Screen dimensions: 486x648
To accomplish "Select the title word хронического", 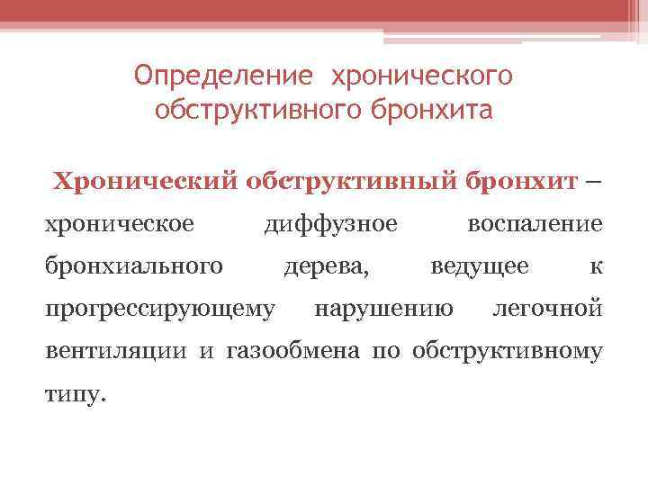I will pyautogui.click(x=423, y=76).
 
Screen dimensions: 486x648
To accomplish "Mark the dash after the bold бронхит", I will pyautogui.click(x=590, y=179).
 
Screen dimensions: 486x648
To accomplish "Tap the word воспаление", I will pyautogui.click(x=535, y=222).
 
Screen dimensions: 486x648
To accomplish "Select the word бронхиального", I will pyautogui.click(x=134, y=265).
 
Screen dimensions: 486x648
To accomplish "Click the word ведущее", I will pyautogui.click(x=480, y=266).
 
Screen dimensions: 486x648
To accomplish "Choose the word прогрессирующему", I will pyautogui.click(x=160, y=310).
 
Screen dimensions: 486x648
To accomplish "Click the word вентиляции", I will pyautogui.click(x=118, y=352).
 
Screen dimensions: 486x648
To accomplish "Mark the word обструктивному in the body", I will pyautogui.click(x=508, y=352).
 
